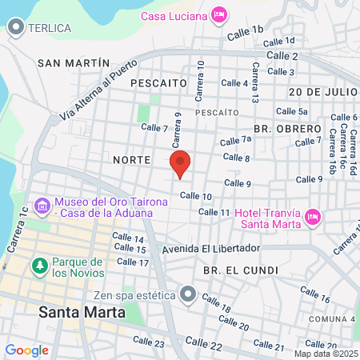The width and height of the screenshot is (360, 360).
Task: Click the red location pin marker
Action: point(181,163)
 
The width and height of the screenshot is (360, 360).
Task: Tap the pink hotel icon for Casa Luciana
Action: point(219,15)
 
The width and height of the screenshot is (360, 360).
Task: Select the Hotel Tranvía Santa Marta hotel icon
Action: point(314,217)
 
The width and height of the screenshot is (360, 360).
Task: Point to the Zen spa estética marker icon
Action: point(188,294)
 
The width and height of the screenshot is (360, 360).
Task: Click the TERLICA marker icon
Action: point(15,28)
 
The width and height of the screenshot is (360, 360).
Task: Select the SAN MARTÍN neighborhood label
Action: point(74,62)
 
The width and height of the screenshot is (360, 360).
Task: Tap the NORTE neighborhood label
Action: point(132,160)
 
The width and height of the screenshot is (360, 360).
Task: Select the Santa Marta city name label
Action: point(82,312)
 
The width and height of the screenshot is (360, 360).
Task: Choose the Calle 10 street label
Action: point(195,196)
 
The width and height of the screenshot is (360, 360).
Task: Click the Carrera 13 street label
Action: point(255,83)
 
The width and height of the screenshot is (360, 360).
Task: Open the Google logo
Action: point(26,350)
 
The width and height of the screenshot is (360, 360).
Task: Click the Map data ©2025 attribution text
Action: point(326,354)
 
